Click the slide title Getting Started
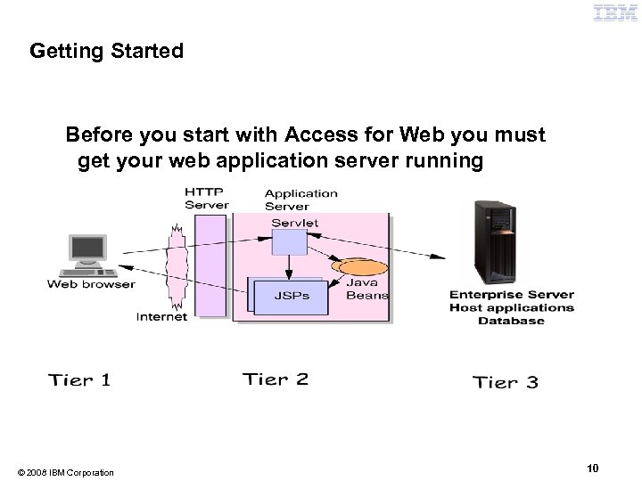click(106, 51)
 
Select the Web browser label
click(91, 285)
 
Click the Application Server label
click(300, 198)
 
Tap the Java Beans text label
click(366, 288)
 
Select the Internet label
click(161, 316)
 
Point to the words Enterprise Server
click(511, 295)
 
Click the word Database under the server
click(511, 321)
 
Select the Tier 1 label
click(79, 380)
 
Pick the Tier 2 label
click(276, 379)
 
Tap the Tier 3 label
click(505, 382)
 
